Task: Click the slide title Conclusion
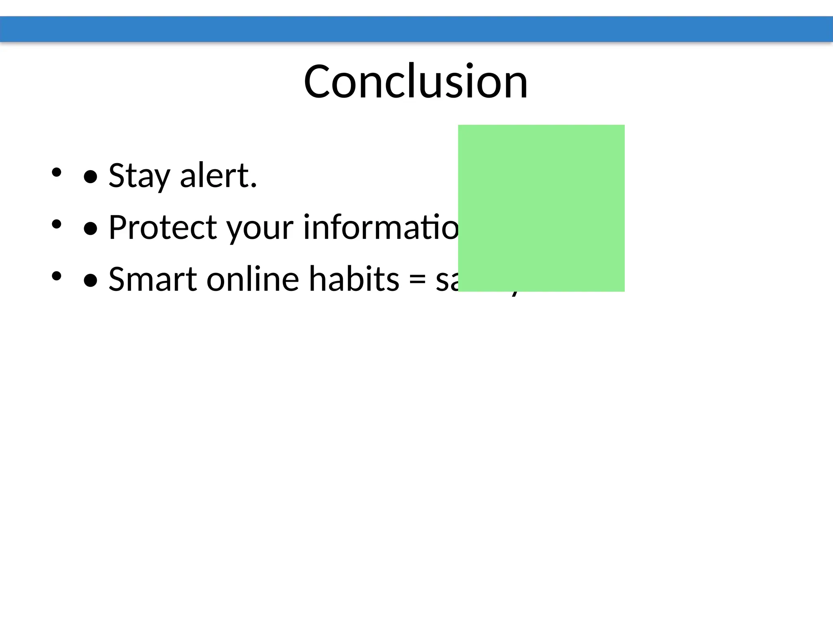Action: pos(416,81)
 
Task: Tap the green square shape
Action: pos(541,208)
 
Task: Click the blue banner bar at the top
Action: pos(416,29)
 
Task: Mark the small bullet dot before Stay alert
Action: pos(56,172)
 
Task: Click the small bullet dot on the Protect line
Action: pos(56,224)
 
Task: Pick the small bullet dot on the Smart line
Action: pos(56,276)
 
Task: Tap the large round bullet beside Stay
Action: pos(90,177)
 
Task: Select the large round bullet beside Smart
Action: pos(90,280)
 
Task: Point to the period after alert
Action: pos(254,186)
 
